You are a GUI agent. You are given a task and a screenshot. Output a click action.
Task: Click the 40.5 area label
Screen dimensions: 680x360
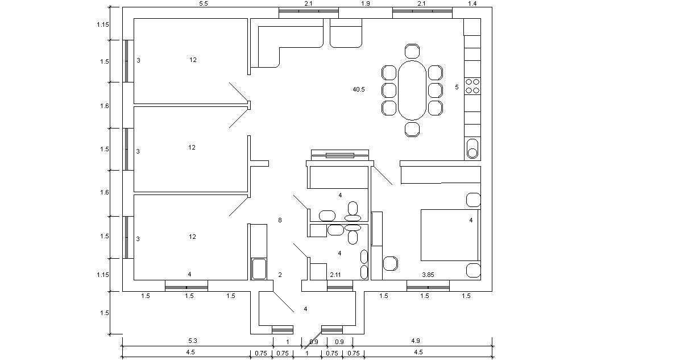point(359,89)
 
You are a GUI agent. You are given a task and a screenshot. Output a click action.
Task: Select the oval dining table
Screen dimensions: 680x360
point(412,89)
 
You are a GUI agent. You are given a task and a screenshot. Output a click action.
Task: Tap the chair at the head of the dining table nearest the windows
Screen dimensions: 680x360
point(412,51)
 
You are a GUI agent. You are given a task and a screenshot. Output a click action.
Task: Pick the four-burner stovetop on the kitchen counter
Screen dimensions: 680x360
point(472,86)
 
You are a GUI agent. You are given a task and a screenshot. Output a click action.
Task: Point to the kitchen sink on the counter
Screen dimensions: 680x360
point(472,149)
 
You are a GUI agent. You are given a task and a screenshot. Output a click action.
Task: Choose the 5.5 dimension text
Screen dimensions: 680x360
point(203,4)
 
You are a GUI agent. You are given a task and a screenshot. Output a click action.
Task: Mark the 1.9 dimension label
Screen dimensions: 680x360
point(366,4)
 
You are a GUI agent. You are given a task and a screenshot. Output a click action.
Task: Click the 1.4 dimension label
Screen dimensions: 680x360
point(472,4)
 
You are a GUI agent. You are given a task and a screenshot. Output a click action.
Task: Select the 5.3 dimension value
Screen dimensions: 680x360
point(193,341)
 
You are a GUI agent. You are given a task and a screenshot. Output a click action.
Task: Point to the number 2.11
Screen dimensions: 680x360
point(335,275)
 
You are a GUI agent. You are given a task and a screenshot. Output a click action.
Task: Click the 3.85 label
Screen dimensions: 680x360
point(428,275)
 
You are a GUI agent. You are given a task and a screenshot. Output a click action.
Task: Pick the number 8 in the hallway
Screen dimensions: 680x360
point(279,220)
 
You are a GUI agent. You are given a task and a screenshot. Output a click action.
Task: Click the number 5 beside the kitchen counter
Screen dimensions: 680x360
point(456,87)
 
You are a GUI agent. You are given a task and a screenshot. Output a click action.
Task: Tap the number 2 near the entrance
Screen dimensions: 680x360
point(280,275)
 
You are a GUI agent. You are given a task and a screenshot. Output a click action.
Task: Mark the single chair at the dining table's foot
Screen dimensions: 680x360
point(412,129)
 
